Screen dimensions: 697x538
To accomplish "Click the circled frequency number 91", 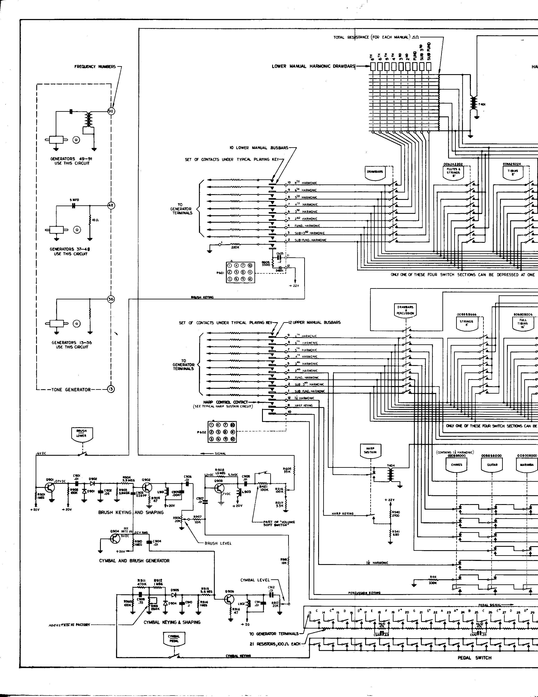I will [111, 111].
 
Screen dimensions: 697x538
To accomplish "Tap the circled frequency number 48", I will [111, 206].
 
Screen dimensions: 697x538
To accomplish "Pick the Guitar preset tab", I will [492, 466].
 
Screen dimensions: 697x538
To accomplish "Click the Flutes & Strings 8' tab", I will [453, 172].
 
